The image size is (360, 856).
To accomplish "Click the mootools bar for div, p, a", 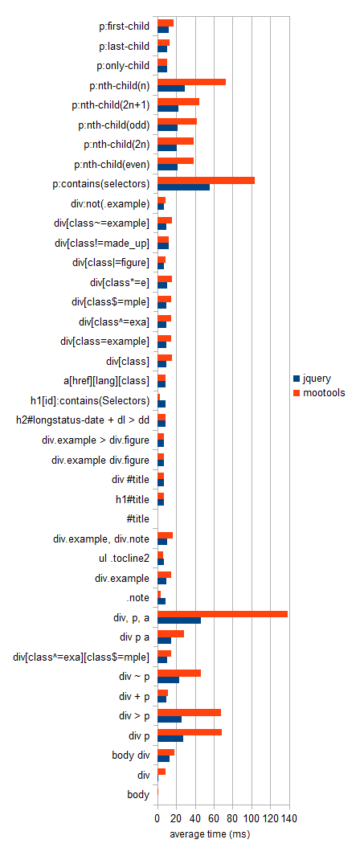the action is pyautogui.click(x=223, y=614).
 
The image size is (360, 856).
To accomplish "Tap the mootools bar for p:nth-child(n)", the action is pyautogui.click(x=191, y=82).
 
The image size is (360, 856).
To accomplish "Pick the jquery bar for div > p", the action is pyautogui.click(x=170, y=719).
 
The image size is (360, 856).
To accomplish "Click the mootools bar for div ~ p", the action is pyautogui.click(x=179, y=673).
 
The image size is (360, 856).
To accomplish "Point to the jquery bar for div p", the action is pyautogui.click(x=170, y=739).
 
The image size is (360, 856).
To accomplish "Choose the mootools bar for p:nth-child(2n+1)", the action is pyautogui.click(x=178, y=101).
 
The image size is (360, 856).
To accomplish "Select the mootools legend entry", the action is pyautogui.click(x=319, y=392).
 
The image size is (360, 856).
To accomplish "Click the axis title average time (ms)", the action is pyautogui.click(x=210, y=835).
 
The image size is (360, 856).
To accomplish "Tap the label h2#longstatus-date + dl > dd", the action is pyautogui.click(x=82, y=420).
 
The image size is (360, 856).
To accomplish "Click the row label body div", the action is pyautogui.click(x=130, y=756).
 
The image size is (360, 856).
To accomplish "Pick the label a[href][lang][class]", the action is pyautogui.click(x=107, y=380).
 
